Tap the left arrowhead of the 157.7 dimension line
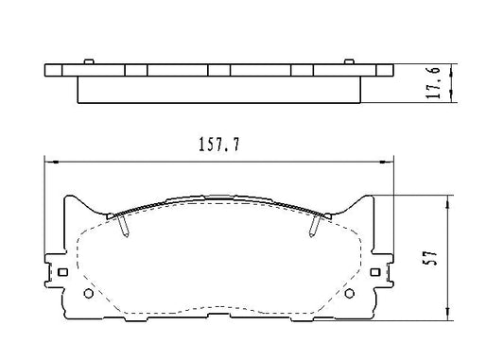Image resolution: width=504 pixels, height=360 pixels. (x=50, y=160)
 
